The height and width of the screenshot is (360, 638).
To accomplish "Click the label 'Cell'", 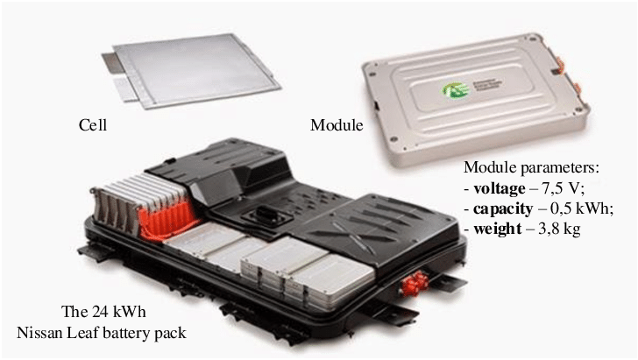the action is (x=93, y=125).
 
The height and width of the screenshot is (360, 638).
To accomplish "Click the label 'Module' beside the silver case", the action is (x=337, y=125).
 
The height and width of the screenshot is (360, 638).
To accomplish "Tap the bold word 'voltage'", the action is (x=500, y=189).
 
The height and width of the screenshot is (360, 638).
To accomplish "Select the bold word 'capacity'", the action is (x=502, y=209).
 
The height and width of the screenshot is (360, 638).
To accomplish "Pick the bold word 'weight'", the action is (x=497, y=229).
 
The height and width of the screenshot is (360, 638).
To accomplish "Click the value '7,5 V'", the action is (x=563, y=188).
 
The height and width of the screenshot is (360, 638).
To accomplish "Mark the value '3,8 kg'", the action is (x=559, y=229).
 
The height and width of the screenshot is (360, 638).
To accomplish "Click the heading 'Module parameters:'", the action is (x=531, y=168).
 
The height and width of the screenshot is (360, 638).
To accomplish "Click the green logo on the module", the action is (x=455, y=89).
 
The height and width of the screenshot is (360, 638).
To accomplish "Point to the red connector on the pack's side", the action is (x=414, y=283).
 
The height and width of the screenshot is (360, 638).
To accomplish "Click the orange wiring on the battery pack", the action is (x=167, y=220).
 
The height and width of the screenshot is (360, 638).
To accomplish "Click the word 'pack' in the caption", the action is (x=171, y=334).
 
